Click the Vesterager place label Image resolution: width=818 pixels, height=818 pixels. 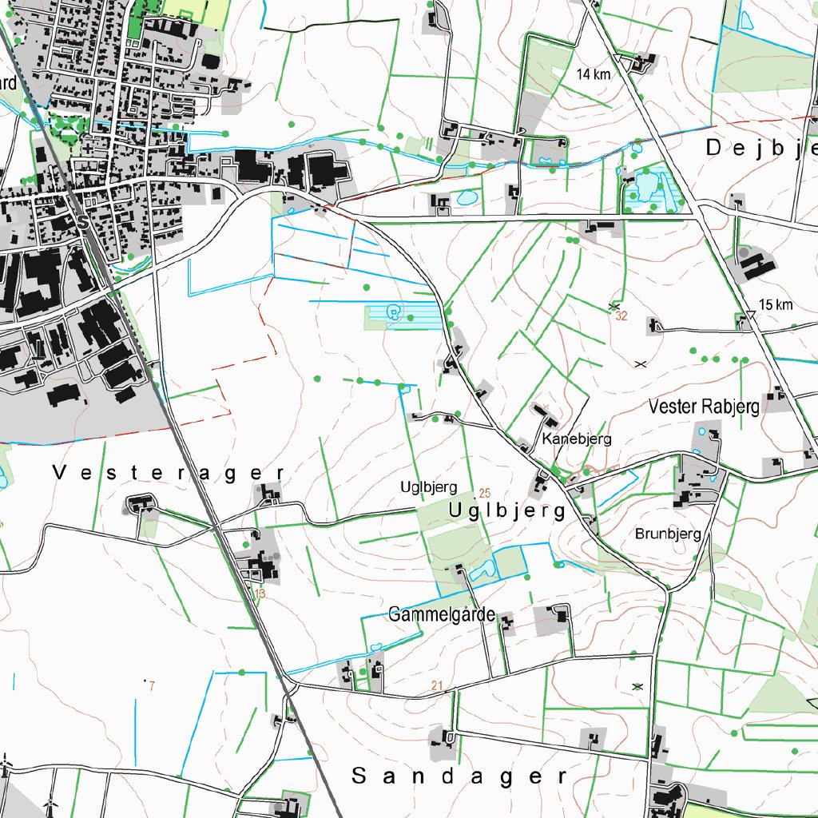[x=169, y=473]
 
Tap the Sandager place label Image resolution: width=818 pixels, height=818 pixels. [x=459, y=776]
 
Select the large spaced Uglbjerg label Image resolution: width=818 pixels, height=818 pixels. [x=507, y=510]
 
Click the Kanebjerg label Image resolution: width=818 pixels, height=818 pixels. [x=576, y=439]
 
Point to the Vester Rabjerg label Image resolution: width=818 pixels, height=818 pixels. [x=704, y=407]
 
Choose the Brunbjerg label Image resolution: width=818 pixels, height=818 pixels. [x=668, y=534]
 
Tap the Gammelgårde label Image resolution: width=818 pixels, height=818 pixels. [x=442, y=615]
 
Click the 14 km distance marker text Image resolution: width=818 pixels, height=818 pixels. [x=593, y=74]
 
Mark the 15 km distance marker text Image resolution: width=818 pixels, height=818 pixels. [x=776, y=305]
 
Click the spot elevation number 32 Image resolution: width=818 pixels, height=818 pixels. [x=622, y=316]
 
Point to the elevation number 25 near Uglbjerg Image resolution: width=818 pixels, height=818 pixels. [x=485, y=493]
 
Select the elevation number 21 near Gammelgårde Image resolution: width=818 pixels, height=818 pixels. [x=436, y=685]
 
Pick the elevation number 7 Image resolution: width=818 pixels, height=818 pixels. [x=150, y=686]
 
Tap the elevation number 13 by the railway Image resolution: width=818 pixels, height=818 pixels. [x=259, y=594]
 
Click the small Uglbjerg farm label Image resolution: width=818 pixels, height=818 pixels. [x=428, y=487]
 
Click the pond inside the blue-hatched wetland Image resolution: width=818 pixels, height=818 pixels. [x=392, y=312]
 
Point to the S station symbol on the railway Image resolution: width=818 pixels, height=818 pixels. [x=83, y=223]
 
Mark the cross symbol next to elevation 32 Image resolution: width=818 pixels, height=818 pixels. [x=613, y=306]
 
